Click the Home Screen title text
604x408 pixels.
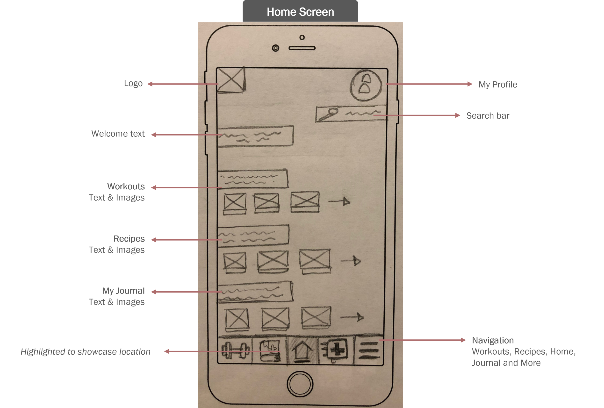(300, 12)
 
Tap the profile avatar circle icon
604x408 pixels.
(366, 85)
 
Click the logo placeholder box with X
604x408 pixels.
(231, 79)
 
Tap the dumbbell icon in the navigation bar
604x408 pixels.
(235, 350)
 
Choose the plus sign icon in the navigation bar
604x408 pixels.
(337, 350)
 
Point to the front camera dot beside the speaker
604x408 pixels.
(275, 48)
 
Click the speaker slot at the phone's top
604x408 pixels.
(302, 48)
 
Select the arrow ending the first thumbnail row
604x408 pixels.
(340, 201)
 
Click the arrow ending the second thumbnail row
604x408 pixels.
(351, 261)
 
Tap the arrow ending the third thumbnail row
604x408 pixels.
(352, 317)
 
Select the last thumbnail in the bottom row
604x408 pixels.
(316, 316)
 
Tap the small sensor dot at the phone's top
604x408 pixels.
(302, 37)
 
